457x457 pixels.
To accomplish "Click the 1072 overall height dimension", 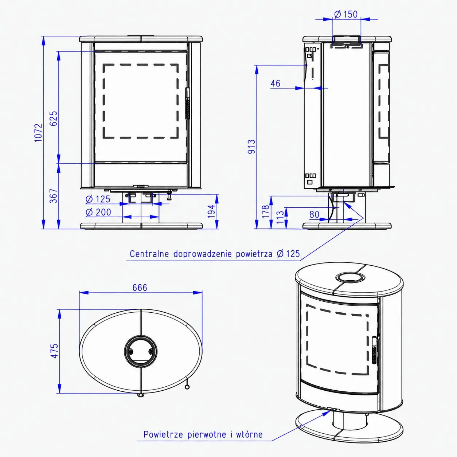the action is click(x=38, y=133).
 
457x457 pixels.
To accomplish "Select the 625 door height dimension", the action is click(x=54, y=118).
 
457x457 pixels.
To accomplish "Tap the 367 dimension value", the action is click(x=54, y=196).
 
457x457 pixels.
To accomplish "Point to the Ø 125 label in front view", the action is click(x=98, y=199).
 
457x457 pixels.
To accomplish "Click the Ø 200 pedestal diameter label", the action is click(x=98, y=212).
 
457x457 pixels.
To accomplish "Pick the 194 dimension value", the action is click(x=211, y=211).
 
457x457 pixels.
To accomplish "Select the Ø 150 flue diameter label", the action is click(x=346, y=14).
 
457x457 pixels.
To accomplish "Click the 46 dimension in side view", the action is click(x=276, y=83).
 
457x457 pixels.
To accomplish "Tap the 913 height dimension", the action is click(x=251, y=147).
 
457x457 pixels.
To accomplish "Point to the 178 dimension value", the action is click(x=266, y=211).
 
